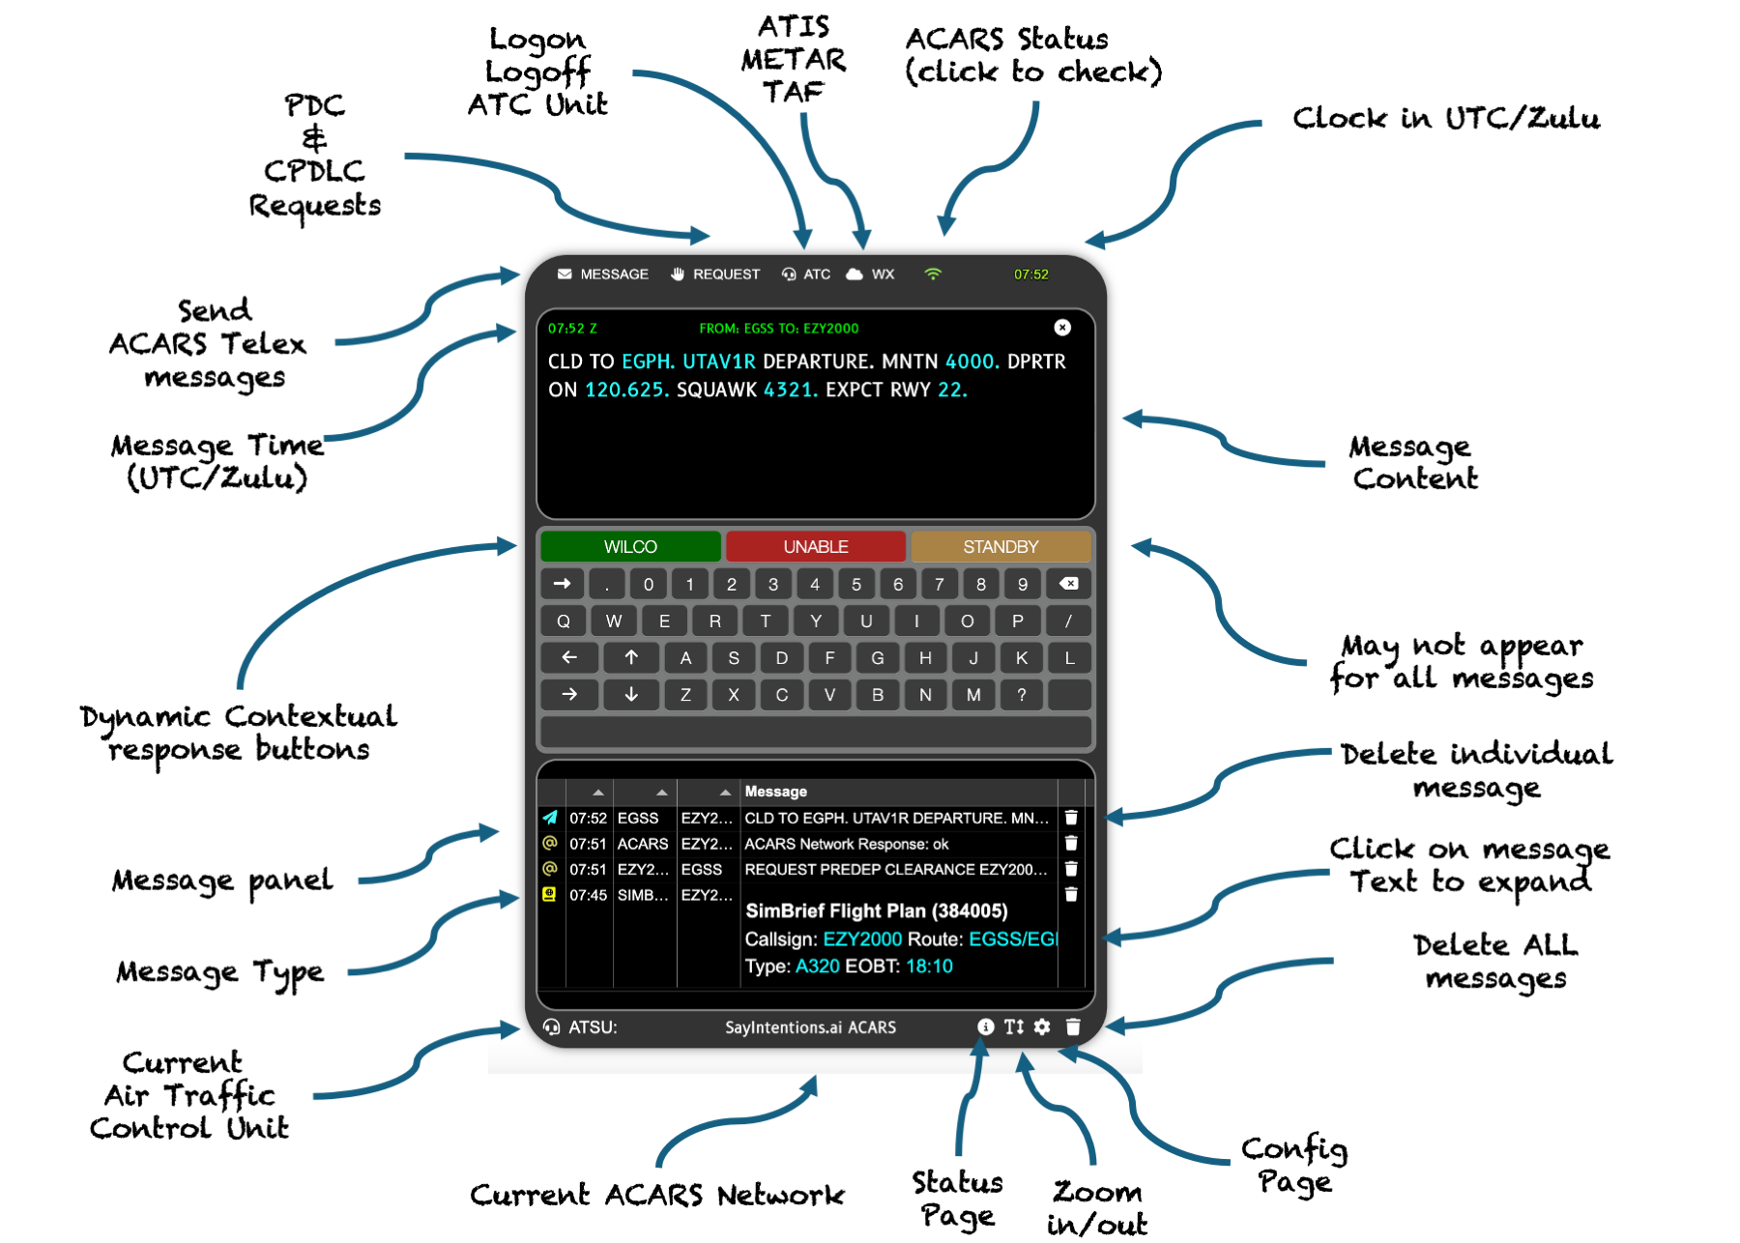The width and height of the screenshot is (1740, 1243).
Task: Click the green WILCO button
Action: click(630, 547)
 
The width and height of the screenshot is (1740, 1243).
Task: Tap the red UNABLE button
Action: click(816, 547)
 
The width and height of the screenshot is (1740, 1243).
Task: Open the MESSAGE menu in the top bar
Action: click(603, 275)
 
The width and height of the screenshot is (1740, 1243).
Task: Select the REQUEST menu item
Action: click(715, 275)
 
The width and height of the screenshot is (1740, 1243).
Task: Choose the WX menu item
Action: click(871, 275)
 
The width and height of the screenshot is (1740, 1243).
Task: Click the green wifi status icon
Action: click(933, 275)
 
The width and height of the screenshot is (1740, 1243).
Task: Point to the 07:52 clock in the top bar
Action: click(1030, 275)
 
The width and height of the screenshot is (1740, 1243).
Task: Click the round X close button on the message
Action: click(1062, 328)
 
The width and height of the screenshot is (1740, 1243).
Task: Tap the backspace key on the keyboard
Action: click(1068, 584)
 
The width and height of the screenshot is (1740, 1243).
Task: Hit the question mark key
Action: click(1021, 695)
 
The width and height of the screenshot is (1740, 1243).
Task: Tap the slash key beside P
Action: click(1068, 621)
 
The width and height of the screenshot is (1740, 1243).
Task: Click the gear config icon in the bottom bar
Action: click(1042, 1026)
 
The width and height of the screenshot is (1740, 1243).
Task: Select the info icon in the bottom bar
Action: click(985, 1026)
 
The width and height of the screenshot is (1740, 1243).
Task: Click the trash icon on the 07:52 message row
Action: click(1071, 818)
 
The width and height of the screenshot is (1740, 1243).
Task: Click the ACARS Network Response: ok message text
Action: click(846, 844)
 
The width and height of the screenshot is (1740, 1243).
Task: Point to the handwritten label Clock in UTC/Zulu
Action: click(1445, 119)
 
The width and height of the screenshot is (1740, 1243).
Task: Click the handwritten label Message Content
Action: click(1412, 463)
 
